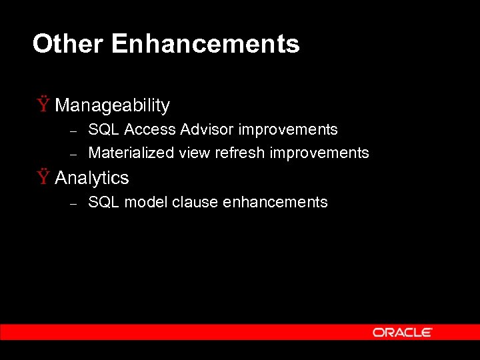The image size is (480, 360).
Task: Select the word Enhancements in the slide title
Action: [205, 44]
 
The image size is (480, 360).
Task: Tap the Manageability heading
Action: [112, 105]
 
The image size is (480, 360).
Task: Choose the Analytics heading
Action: [91, 178]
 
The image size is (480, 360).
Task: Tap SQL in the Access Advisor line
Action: [103, 129]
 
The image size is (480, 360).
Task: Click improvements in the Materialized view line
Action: [319, 153]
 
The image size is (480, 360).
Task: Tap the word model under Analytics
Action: [145, 202]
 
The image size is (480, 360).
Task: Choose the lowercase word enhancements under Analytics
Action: [275, 202]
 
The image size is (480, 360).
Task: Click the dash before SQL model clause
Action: [75, 203]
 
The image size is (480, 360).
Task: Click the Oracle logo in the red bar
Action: [402, 332]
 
